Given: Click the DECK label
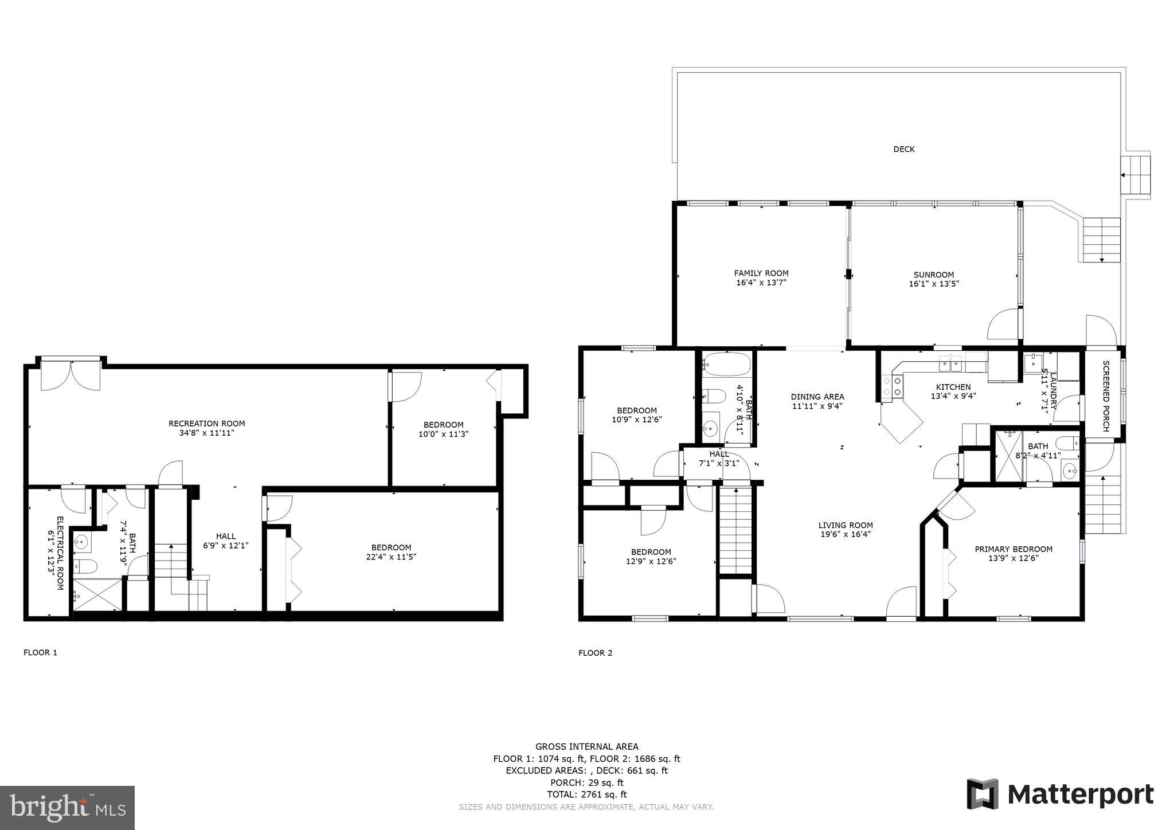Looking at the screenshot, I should point(904,149).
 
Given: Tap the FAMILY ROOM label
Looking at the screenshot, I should point(761,273).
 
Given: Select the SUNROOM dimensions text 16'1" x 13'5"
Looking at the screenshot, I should point(934,284).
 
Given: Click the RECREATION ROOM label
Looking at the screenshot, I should point(206,424).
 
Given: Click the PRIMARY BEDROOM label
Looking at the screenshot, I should point(1013,549).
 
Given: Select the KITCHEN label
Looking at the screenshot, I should point(953,387).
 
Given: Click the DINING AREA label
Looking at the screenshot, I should point(817,397).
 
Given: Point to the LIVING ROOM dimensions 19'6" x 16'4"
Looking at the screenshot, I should point(846,534).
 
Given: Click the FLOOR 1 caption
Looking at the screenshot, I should point(40,652).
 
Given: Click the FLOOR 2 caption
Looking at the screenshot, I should point(595,653).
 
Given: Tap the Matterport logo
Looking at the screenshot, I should point(1060,795).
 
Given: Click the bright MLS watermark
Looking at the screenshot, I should point(67,808).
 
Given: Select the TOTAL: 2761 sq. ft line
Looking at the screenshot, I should point(586,794).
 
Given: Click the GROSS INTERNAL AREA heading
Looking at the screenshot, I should point(586,746).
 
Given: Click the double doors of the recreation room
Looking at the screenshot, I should point(71,375).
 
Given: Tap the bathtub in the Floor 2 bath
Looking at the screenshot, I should point(726,363).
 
